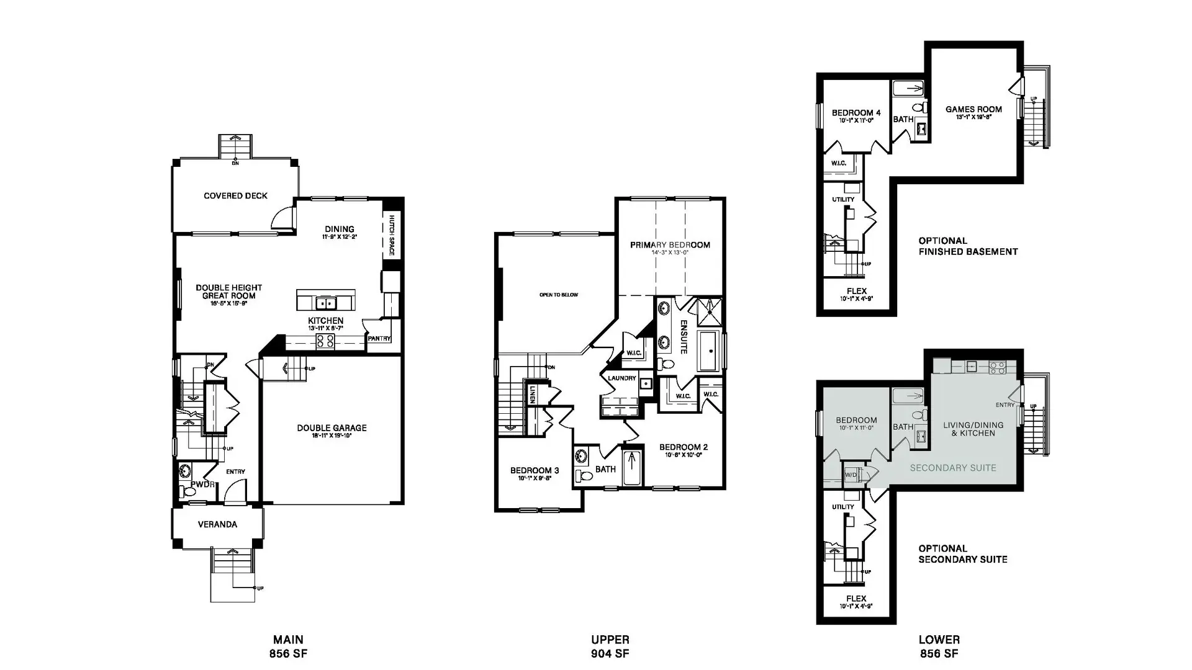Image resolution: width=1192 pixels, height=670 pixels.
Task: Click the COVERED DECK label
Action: tap(235, 196)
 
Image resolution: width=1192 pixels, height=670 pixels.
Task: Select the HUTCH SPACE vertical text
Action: tap(392, 236)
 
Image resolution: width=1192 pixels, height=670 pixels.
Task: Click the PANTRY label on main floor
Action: tap(379, 339)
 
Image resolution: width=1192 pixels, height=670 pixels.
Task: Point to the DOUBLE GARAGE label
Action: tap(332, 428)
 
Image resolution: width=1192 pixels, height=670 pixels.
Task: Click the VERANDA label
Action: tap(217, 525)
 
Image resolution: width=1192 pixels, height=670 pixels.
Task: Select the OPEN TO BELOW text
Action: tap(558, 295)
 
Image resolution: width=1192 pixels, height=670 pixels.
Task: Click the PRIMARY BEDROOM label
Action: tap(670, 245)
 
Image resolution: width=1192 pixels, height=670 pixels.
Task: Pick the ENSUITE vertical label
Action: tap(684, 337)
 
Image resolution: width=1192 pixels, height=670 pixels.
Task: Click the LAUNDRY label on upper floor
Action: tap(621, 378)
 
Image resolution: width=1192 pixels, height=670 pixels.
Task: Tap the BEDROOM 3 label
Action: tap(535, 471)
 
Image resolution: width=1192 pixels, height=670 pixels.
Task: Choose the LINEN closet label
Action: tap(532, 395)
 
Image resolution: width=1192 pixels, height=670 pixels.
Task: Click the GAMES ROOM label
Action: tap(973, 110)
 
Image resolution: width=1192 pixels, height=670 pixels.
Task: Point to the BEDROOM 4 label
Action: tap(856, 113)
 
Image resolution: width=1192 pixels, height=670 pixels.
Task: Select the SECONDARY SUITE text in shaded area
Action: tap(953, 468)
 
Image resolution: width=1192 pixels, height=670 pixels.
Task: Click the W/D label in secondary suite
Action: tap(851, 475)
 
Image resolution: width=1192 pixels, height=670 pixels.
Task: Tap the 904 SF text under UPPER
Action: tap(610, 654)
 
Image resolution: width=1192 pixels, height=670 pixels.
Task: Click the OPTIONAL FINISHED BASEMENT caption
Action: tap(967, 246)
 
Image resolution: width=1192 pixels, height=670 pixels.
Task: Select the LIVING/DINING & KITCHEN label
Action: tap(973, 429)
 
